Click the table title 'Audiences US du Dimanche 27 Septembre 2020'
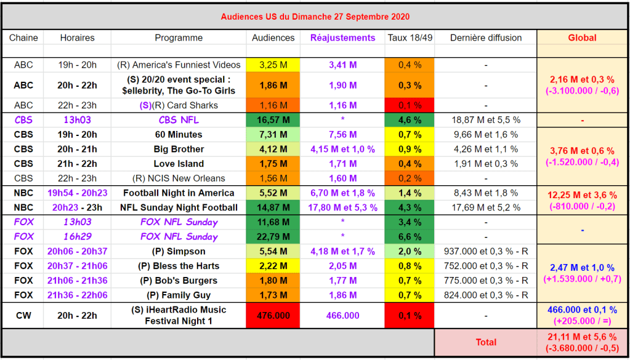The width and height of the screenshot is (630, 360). (315, 17)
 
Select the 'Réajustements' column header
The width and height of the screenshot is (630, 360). (342, 38)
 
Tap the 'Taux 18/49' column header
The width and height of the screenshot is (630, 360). (410, 38)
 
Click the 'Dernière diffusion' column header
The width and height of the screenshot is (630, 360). (486, 38)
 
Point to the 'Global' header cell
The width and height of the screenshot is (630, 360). (582, 38)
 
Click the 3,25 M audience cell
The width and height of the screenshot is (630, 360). (273, 65)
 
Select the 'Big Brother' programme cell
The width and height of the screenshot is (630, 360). (179, 149)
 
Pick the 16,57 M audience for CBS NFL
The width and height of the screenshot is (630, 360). (273, 120)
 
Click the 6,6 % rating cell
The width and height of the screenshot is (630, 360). (410, 236)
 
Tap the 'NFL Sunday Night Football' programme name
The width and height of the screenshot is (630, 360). (179, 207)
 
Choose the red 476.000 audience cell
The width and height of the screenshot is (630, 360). (273, 315)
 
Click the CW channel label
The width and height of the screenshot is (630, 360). (23, 315)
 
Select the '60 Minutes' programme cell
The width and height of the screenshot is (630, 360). (179, 134)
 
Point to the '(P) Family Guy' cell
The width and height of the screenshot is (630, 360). (179, 295)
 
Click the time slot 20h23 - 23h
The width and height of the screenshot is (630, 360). (78, 207)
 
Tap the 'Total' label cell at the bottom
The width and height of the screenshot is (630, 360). (486, 342)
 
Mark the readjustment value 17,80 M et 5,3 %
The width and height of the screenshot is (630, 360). (342, 207)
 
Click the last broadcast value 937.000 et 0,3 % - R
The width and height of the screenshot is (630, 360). (486, 251)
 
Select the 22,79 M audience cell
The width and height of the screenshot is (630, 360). (273, 236)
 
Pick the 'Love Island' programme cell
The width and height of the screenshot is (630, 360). (179, 164)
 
